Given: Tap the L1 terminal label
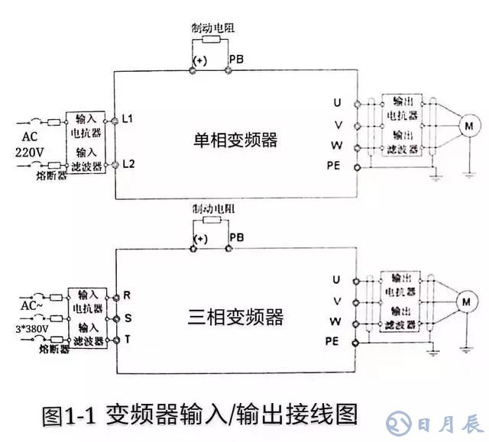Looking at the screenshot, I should point(128,120).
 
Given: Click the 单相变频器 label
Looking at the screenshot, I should point(235,141).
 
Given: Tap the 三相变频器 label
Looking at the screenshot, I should point(235,317).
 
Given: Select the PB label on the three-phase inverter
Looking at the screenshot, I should point(237,238).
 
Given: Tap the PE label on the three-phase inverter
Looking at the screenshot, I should point(332,340).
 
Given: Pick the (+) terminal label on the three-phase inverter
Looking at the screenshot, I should point(201,238).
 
